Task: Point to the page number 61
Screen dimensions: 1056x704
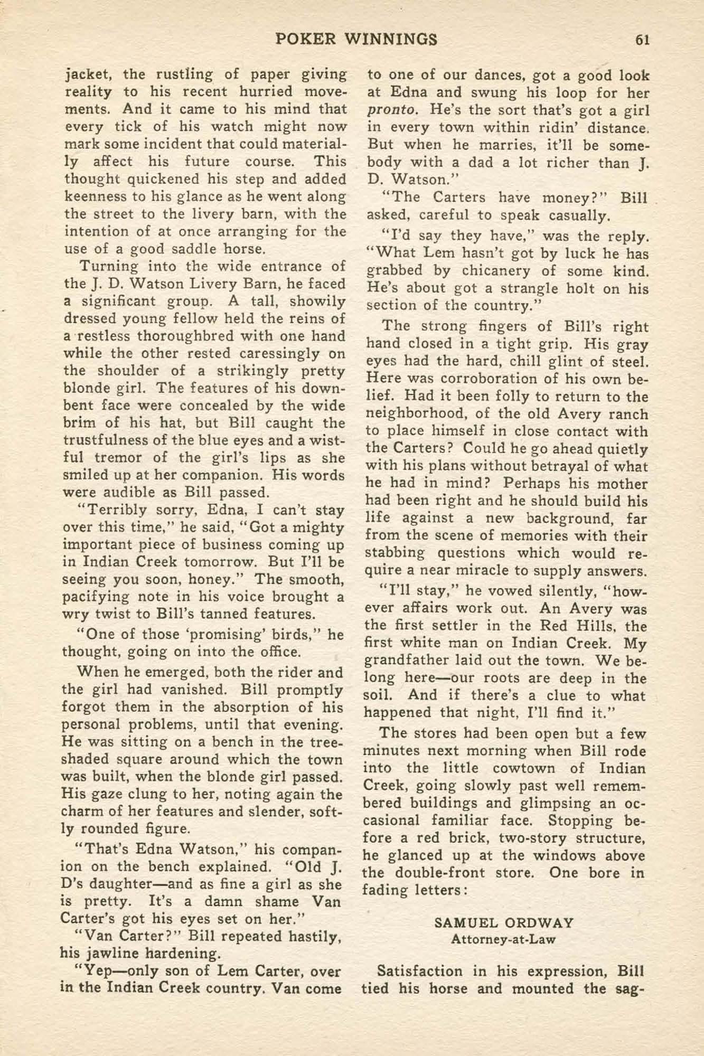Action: point(642,40)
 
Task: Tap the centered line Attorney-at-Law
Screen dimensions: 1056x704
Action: point(503,940)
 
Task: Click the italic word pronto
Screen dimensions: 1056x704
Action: point(393,110)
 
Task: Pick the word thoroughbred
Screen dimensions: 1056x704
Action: point(192,336)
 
